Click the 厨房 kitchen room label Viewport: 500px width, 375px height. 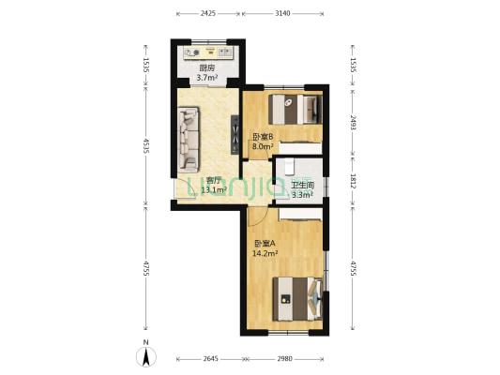pyautogui.click(x=207, y=68)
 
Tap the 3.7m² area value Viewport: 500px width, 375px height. pyautogui.click(x=207, y=78)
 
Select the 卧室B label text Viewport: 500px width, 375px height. pyautogui.click(x=262, y=137)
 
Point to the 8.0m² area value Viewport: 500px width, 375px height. pyautogui.click(x=263, y=146)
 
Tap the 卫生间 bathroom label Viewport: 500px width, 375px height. pyautogui.click(x=302, y=186)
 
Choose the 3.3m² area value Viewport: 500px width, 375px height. pyautogui.click(x=302, y=195)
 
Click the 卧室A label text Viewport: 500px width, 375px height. pyautogui.click(x=265, y=243)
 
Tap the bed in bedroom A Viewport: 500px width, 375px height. pyautogui.click(x=298, y=300)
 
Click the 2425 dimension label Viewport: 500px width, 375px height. pyautogui.click(x=207, y=14)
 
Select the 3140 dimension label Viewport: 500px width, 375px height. pyautogui.click(x=282, y=14)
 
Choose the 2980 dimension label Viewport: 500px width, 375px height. pyautogui.click(x=284, y=358)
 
